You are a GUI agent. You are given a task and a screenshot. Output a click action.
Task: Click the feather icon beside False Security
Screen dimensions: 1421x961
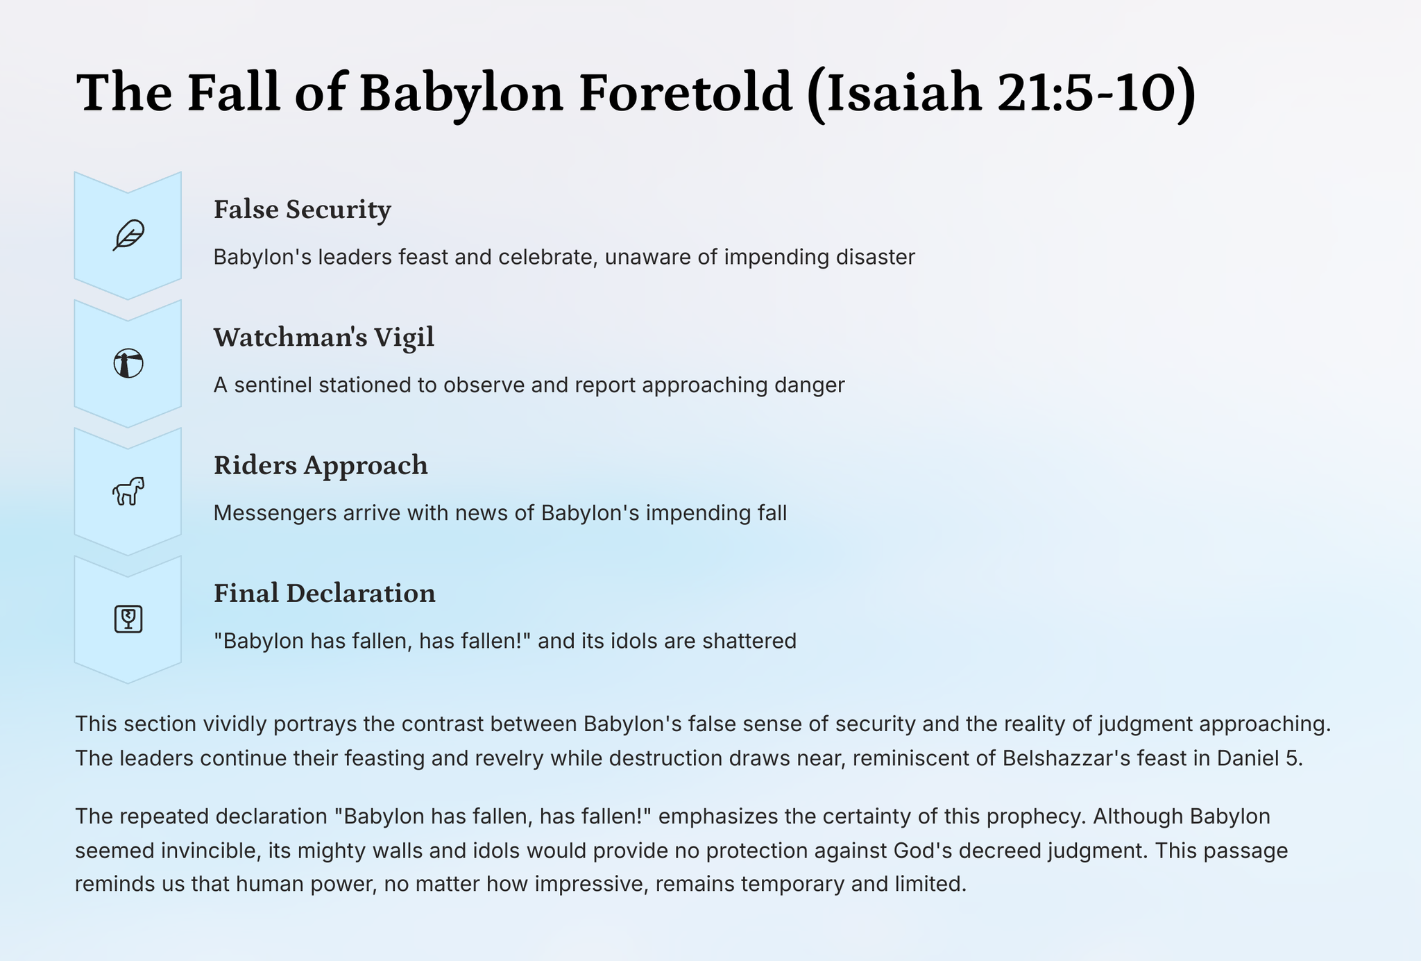[x=128, y=235]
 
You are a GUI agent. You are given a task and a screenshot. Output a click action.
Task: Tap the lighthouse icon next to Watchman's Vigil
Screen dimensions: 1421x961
[x=128, y=363]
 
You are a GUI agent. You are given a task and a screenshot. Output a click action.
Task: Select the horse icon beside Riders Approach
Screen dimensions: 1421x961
[x=128, y=491]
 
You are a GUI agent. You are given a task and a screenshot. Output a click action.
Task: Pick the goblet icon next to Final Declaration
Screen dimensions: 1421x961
[x=128, y=619]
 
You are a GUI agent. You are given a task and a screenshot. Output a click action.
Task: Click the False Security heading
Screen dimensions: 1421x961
[x=303, y=210]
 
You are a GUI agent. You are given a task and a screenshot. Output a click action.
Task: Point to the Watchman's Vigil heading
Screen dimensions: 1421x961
[x=324, y=337]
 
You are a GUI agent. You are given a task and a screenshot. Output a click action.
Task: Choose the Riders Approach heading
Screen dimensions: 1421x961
[x=321, y=466]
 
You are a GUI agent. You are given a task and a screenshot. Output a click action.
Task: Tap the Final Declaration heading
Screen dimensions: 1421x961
[x=325, y=593]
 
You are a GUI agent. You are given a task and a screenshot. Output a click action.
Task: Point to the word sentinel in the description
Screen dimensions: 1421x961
[x=273, y=385]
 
